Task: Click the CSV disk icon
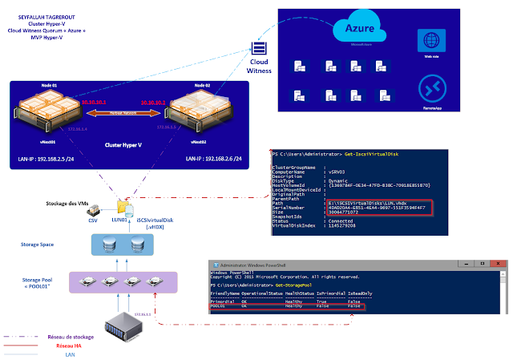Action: [x=92, y=206]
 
